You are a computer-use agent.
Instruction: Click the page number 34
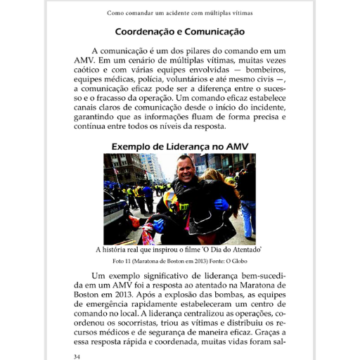(x=77, y=356)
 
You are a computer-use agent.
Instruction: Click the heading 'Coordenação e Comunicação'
(x=180, y=32)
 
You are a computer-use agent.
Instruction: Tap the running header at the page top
(x=180, y=13)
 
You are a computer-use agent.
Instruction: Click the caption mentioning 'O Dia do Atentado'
(x=180, y=250)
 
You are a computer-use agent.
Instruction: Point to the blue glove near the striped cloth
(x=157, y=225)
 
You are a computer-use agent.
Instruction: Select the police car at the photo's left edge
(x=115, y=211)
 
